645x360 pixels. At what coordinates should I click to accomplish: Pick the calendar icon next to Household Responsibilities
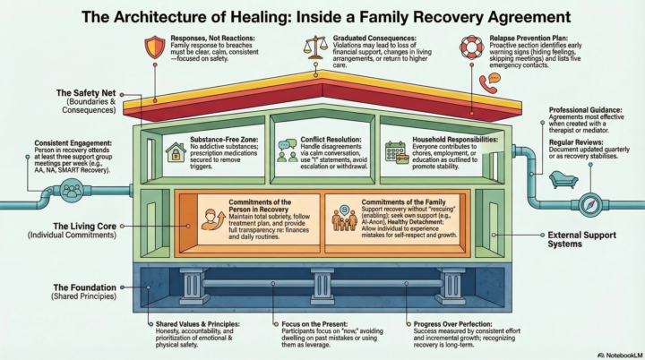tap(395, 150)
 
